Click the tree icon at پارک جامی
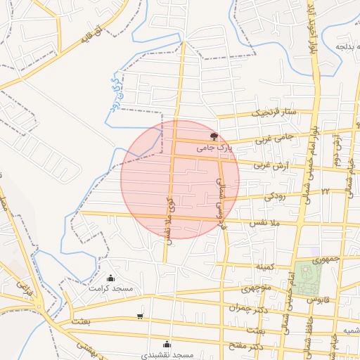tap(214, 136)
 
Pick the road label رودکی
tap(275, 198)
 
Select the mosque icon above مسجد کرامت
tap(110, 278)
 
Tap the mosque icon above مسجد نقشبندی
tap(167, 344)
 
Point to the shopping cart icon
tap(140, 315)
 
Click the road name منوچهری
tap(256, 288)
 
